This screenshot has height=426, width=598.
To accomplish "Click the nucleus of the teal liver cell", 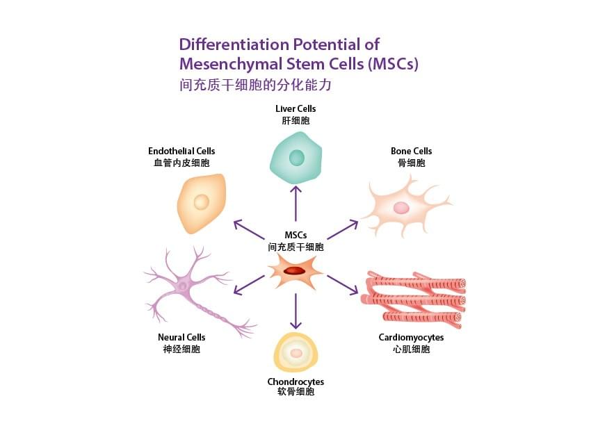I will point(297,158).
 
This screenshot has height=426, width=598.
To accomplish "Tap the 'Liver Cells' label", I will point(296,109).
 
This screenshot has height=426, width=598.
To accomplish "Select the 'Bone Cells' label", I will point(411,151).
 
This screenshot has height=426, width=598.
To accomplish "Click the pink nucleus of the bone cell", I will point(401,207).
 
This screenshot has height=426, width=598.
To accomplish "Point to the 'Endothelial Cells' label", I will point(181,151).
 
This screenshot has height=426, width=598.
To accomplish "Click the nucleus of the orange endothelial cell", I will point(201,202).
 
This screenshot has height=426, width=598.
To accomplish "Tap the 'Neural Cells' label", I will point(181,337).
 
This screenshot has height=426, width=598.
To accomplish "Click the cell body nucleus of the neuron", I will point(182,285).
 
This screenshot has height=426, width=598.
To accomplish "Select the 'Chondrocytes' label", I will point(296,382).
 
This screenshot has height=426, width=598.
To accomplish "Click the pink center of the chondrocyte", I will point(296,353).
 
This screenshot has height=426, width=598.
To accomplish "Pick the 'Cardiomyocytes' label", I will point(411,337).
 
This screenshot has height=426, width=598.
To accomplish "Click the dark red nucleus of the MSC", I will point(295,270).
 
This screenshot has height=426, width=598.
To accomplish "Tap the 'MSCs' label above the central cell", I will point(296,235).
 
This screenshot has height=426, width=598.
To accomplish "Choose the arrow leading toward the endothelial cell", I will point(249,229).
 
